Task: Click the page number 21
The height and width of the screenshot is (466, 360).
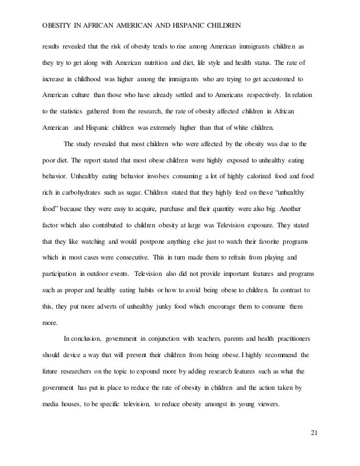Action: click(x=314, y=433)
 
